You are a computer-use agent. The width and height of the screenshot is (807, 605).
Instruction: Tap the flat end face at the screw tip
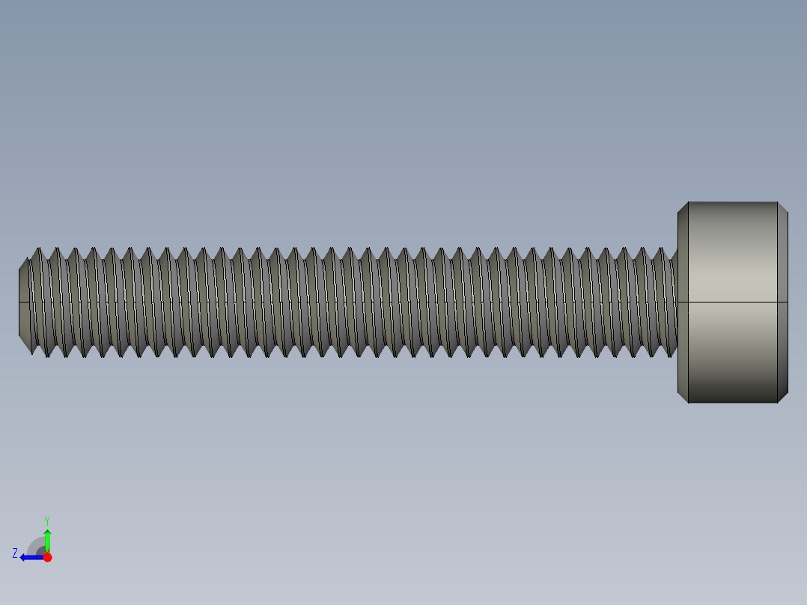pyautogui.click(x=23, y=302)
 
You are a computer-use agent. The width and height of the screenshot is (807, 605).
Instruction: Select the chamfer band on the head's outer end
pyautogui.click(x=783, y=302)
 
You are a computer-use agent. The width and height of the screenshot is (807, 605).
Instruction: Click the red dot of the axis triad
pyautogui.click(x=47, y=557)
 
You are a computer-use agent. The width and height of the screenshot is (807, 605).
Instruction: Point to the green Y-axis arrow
pyautogui.click(x=47, y=541)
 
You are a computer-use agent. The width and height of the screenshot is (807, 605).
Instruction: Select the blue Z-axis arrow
pyautogui.click(x=31, y=557)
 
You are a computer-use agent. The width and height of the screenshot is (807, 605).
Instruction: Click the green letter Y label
pyautogui.click(x=47, y=520)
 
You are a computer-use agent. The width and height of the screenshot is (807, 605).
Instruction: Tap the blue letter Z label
pyautogui.click(x=15, y=553)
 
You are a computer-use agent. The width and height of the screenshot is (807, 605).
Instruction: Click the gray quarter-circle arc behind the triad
pyautogui.click(x=35, y=544)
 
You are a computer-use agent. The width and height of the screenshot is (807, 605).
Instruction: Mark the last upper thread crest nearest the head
pyautogui.click(x=662, y=249)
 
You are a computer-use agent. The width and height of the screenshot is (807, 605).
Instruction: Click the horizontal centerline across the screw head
pyautogui.click(x=732, y=302)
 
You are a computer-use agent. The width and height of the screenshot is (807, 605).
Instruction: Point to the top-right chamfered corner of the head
pyautogui.click(x=783, y=207)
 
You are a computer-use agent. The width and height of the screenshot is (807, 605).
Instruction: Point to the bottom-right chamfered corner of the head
pyautogui.click(x=783, y=398)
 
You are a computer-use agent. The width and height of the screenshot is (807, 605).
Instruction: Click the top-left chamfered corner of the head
pyautogui.click(x=683, y=207)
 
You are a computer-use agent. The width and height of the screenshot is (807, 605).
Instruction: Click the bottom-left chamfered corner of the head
pyautogui.click(x=683, y=398)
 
